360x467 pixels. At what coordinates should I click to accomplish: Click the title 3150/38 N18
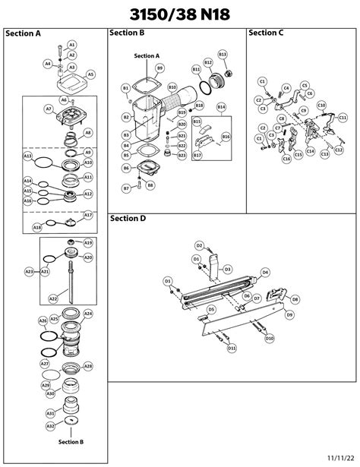tap(180, 14)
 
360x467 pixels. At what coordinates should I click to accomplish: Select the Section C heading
tap(266, 33)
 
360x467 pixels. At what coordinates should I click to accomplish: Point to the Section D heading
tap(127, 219)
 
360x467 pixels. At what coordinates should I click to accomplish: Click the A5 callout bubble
tap(90, 74)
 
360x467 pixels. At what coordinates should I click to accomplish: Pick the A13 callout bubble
tap(27, 156)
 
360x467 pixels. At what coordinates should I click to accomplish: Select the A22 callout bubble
tap(53, 298)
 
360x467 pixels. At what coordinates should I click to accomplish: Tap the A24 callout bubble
tap(88, 314)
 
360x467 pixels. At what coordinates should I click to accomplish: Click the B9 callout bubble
tap(159, 68)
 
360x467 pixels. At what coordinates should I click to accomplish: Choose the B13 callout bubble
tap(223, 55)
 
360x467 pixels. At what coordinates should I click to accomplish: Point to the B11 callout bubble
tap(196, 69)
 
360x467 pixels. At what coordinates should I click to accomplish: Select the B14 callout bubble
tap(221, 108)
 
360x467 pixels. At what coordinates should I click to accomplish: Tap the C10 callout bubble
tap(321, 105)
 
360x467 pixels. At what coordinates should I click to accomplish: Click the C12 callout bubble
tap(325, 153)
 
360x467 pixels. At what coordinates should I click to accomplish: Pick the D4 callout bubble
tap(265, 272)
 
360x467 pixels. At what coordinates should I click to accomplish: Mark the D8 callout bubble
tap(295, 299)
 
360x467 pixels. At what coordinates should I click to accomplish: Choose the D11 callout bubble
tap(232, 348)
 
